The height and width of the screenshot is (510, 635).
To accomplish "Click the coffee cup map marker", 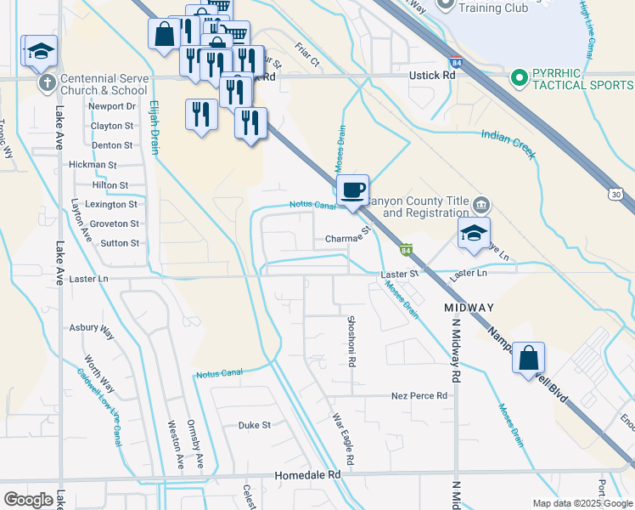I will tap(353, 190).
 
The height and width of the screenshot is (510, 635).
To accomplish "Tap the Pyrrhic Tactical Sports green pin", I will tap(519, 78).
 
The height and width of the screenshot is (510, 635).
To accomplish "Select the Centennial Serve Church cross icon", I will tap(48, 83).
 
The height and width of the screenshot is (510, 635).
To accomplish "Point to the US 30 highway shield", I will tap(616, 195).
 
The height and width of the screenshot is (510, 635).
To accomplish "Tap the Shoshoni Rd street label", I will tap(351, 341).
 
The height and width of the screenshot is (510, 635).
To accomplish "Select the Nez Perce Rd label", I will tap(419, 396).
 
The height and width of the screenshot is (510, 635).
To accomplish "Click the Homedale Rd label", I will tap(306, 475).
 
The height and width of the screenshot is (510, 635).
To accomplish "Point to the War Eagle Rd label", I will tap(341, 433).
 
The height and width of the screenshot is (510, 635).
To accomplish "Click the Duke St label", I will tap(254, 424).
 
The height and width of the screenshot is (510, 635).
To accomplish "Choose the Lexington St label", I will tap(110, 205).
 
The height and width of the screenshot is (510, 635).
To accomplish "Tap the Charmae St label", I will tap(349, 239).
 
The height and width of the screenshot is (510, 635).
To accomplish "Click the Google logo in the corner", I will tap(28, 500).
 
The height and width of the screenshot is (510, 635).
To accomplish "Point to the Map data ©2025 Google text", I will tap(582, 503).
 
